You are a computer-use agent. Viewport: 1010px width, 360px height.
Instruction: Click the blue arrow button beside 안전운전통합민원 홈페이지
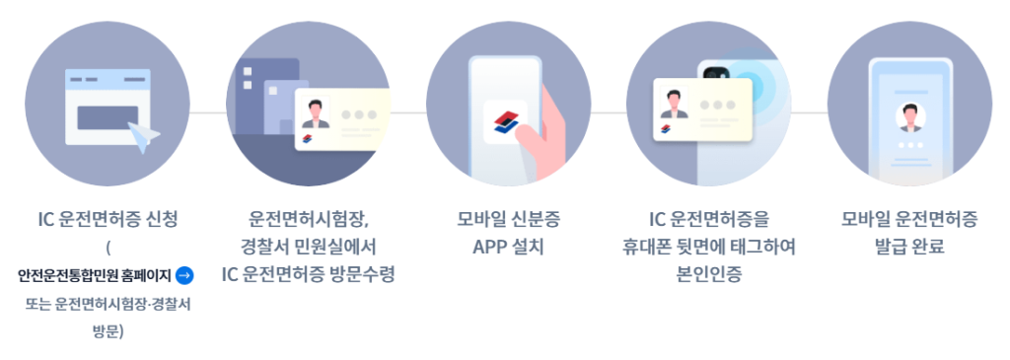184,275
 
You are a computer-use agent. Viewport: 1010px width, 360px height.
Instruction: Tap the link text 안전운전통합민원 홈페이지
95,275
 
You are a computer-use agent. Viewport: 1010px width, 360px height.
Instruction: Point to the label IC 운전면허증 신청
108,219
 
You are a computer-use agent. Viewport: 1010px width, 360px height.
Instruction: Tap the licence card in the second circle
342,119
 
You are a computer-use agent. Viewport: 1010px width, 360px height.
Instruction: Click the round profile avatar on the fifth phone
909,117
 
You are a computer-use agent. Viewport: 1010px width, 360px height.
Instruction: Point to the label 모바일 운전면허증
909,219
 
